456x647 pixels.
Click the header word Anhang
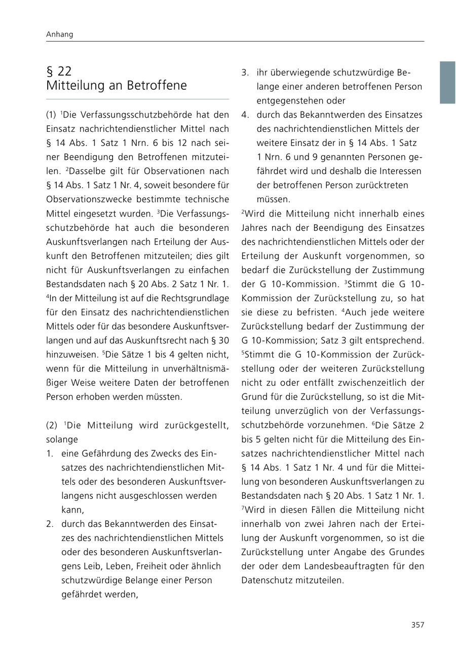click(x=59, y=34)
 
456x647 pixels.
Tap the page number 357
click(x=417, y=625)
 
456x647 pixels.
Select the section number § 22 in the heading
click(x=59, y=71)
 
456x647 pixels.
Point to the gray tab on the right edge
click(x=447, y=82)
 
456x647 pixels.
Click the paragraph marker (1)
click(x=52, y=115)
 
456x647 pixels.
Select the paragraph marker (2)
click(x=52, y=425)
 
